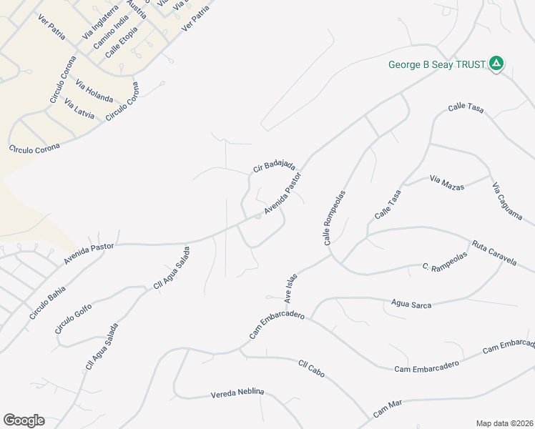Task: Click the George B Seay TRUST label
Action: click(x=437, y=64)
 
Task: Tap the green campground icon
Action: click(x=496, y=64)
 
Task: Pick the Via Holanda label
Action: click(x=94, y=88)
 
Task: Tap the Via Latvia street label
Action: click(x=79, y=109)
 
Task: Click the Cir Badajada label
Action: click(x=274, y=166)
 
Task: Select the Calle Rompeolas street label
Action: click(x=335, y=218)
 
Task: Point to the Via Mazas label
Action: click(x=447, y=182)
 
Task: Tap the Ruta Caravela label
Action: click(x=494, y=253)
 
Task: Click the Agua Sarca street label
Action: click(x=411, y=305)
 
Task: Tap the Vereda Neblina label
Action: click(x=237, y=393)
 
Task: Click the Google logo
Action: click(x=24, y=420)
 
